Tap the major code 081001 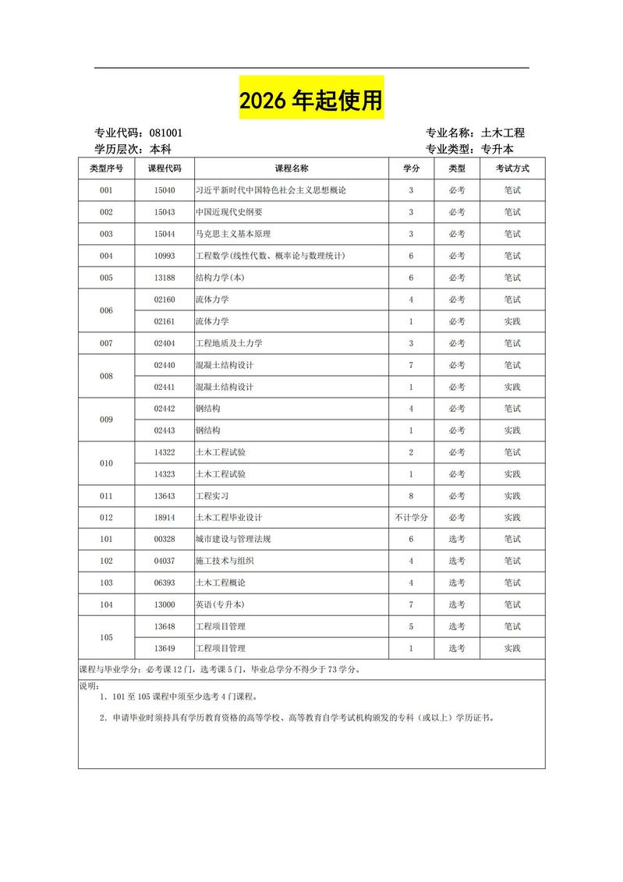pos(166,133)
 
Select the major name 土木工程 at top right pos(503,133)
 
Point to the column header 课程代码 pos(164,168)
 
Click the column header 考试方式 pos(511,168)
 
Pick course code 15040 pos(164,190)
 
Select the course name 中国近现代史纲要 pos(228,212)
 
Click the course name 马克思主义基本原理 pos(233,234)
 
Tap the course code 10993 pos(164,256)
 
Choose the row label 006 pos(106,310)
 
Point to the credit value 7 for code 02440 pos(411,365)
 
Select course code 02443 pos(164,430)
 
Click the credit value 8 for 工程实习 pos(411,496)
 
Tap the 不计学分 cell pos(411,518)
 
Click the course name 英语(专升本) pos(218,605)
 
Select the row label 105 pos(106,638)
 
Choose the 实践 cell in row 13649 pos(511,649)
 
